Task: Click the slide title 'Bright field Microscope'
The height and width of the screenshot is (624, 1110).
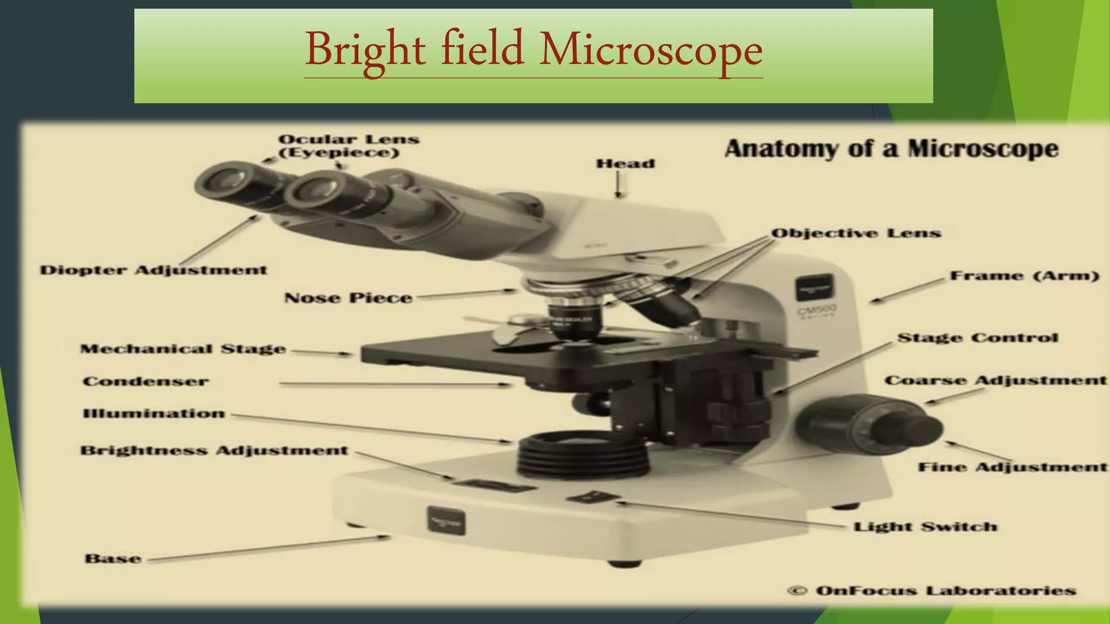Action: point(533,50)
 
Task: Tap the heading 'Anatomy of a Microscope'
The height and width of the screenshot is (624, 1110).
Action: point(891,148)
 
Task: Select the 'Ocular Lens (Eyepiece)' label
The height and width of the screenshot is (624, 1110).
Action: point(349,146)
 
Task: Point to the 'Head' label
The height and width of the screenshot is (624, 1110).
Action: point(625,164)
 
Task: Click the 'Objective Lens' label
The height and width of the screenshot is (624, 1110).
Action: point(856,233)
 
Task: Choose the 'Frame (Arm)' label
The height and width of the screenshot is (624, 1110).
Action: point(1024,276)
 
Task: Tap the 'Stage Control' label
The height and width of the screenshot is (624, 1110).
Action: point(977,338)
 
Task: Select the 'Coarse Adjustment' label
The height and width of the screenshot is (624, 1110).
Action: point(995,380)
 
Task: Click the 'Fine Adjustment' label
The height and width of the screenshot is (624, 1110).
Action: point(1012,467)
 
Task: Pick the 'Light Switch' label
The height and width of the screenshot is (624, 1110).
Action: point(925,526)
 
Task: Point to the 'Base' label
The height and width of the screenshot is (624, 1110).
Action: point(113,558)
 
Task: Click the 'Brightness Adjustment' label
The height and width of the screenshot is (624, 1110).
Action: point(214,451)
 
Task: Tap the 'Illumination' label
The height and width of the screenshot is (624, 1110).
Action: point(153,414)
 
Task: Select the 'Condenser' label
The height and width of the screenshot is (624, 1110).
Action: point(145,381)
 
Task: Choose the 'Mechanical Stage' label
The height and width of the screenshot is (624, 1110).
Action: point(183,349)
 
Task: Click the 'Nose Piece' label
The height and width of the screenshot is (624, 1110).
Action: point(348,298)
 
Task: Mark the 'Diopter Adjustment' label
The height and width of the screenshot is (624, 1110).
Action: point(153,270)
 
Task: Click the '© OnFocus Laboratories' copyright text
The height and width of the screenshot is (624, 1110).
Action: point(931,590)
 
